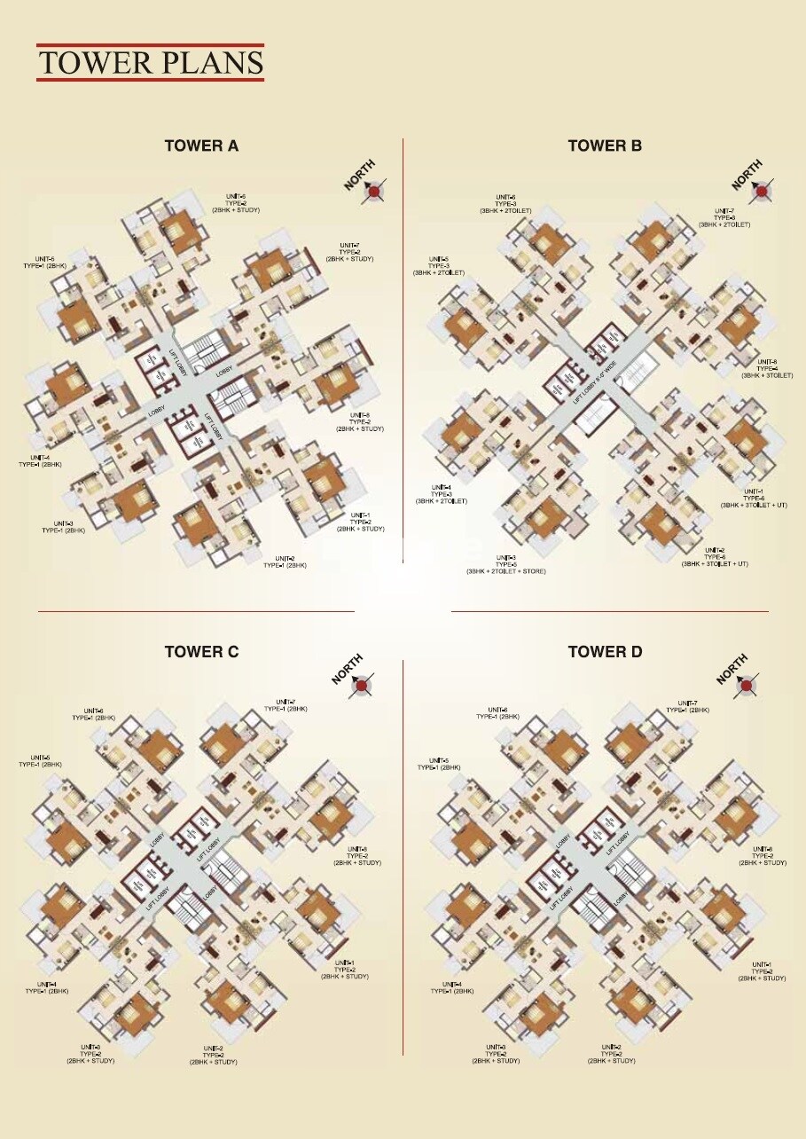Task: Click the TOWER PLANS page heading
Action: point(151,63)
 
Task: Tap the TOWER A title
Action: point(201,146)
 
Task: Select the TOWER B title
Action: point(605,146)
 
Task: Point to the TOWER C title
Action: point(201,652)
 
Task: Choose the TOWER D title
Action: point(605,652)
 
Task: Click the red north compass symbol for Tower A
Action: point(376,191)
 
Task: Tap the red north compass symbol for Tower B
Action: point(761,191)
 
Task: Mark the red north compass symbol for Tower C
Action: point(363,683)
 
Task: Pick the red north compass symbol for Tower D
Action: point(747,684)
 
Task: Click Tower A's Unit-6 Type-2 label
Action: point(235,202)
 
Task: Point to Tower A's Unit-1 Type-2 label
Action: point(360,522)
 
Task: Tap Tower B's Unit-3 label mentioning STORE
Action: point(506,564)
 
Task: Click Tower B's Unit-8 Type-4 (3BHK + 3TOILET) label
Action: point(767,368)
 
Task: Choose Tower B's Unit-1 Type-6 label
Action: point(754,499)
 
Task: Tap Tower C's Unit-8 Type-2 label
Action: point(357,856)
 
